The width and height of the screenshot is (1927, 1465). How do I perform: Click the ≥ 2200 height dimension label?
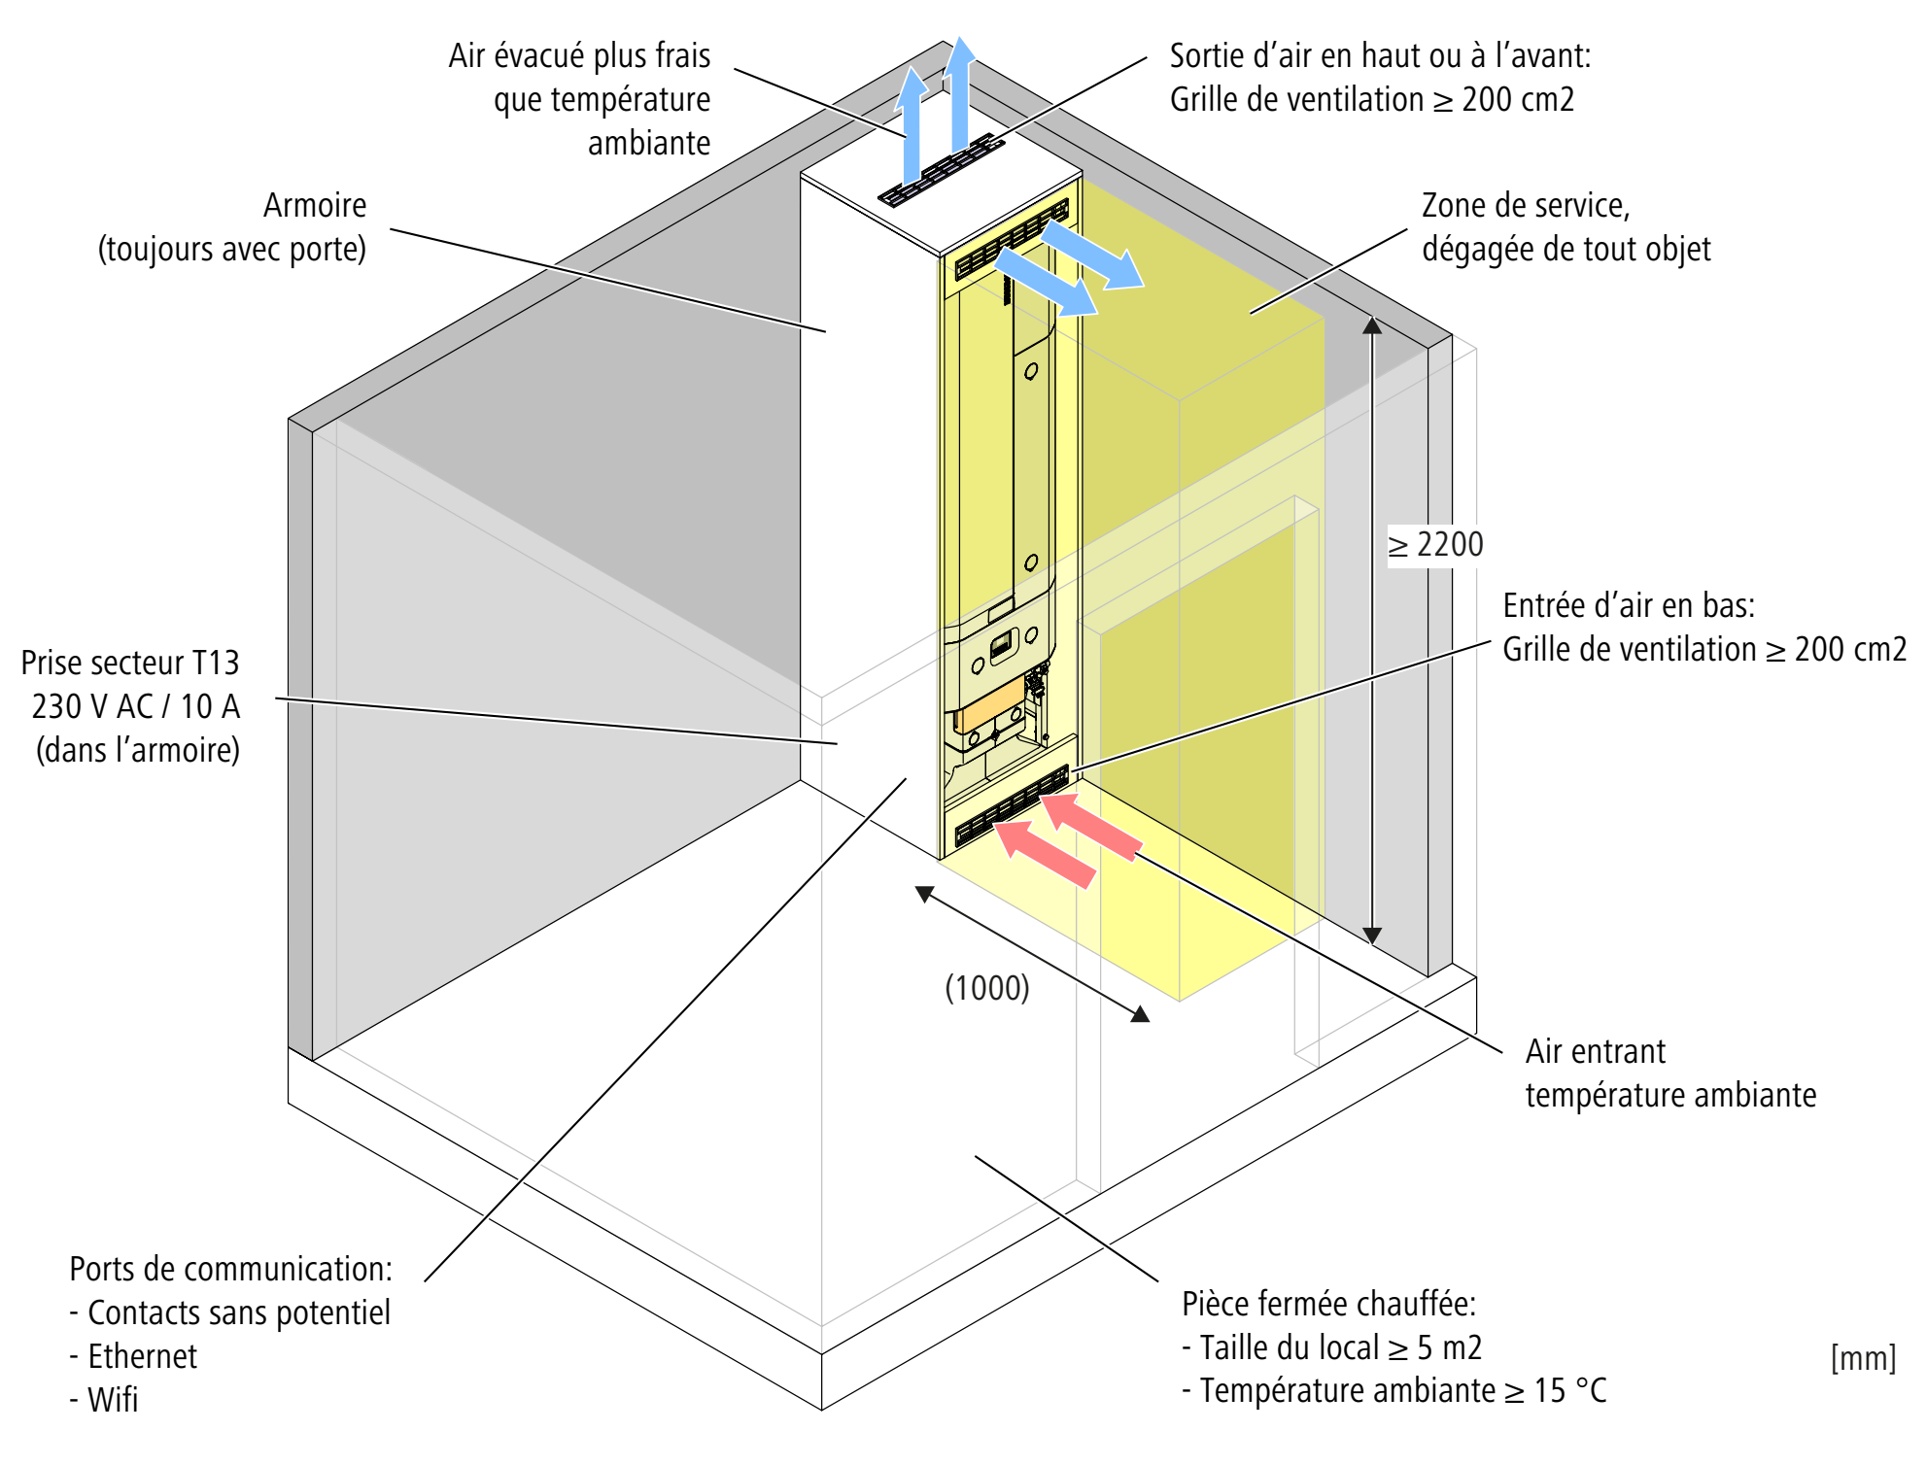(1435, 545)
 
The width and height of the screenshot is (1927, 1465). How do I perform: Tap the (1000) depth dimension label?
(986, 988)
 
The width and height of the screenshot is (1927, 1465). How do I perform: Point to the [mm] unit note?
(1862, 1357)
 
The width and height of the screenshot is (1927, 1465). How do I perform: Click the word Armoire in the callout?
(315, 206)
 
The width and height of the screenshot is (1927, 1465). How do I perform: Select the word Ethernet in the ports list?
(142, 1356)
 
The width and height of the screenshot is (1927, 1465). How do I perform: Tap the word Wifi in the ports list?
(113, 1400)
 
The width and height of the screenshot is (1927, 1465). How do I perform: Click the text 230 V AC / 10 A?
(135, 706)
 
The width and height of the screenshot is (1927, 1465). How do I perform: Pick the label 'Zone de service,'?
(1525, 206)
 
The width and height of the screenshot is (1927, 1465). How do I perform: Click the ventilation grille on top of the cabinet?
(941, 171)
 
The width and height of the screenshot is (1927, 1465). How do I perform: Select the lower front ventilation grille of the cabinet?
(1011, 805)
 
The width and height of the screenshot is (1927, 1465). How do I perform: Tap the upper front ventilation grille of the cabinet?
(1011, 239)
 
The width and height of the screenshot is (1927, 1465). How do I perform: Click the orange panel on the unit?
(989, 705)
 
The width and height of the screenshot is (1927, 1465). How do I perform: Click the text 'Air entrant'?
(1595, 1051)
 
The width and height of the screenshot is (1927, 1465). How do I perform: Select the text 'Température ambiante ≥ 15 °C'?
(1402, 1390)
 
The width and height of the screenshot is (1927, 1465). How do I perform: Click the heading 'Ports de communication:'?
(230, 1269)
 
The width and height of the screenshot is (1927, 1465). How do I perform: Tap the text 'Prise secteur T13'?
(130, 663)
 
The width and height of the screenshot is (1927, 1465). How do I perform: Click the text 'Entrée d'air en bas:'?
(1629, 605)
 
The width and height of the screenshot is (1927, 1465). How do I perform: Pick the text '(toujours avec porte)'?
(232, 250)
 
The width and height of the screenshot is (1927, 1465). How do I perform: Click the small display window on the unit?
(1001, 645)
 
